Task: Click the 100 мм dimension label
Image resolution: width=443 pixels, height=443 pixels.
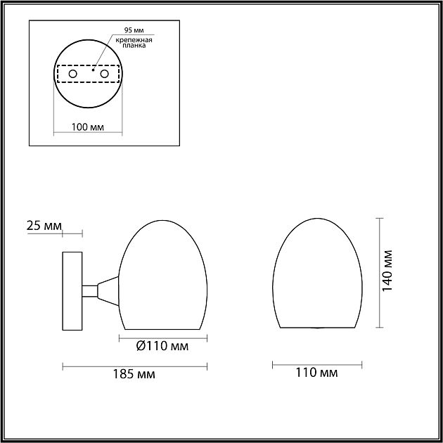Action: (x=88, y=128)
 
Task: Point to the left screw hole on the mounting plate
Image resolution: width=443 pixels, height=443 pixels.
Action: (x=72, y=74)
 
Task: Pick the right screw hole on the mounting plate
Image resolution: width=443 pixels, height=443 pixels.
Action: (x=105, y=74)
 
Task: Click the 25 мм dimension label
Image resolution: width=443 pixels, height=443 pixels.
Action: (x=43, y=226)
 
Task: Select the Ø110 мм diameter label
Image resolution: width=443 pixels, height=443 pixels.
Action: (x=163, y=346)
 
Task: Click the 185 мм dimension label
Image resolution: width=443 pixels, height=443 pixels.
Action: (x=136, y=375)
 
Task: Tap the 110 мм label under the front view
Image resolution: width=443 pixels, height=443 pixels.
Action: (x=318, y=373)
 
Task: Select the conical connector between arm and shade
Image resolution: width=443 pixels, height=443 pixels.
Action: (x=108, y=290)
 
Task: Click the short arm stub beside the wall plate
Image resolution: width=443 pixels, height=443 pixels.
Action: (x=89, y=290)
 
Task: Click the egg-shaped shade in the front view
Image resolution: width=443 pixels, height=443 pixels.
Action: (x=316, y=274)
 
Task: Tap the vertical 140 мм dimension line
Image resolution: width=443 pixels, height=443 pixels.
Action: (x=380, y=272)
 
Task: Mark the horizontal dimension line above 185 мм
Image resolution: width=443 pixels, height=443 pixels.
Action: (x=136, y=365)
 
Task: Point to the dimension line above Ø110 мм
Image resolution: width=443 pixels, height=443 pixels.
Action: (x=163, y=337)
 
